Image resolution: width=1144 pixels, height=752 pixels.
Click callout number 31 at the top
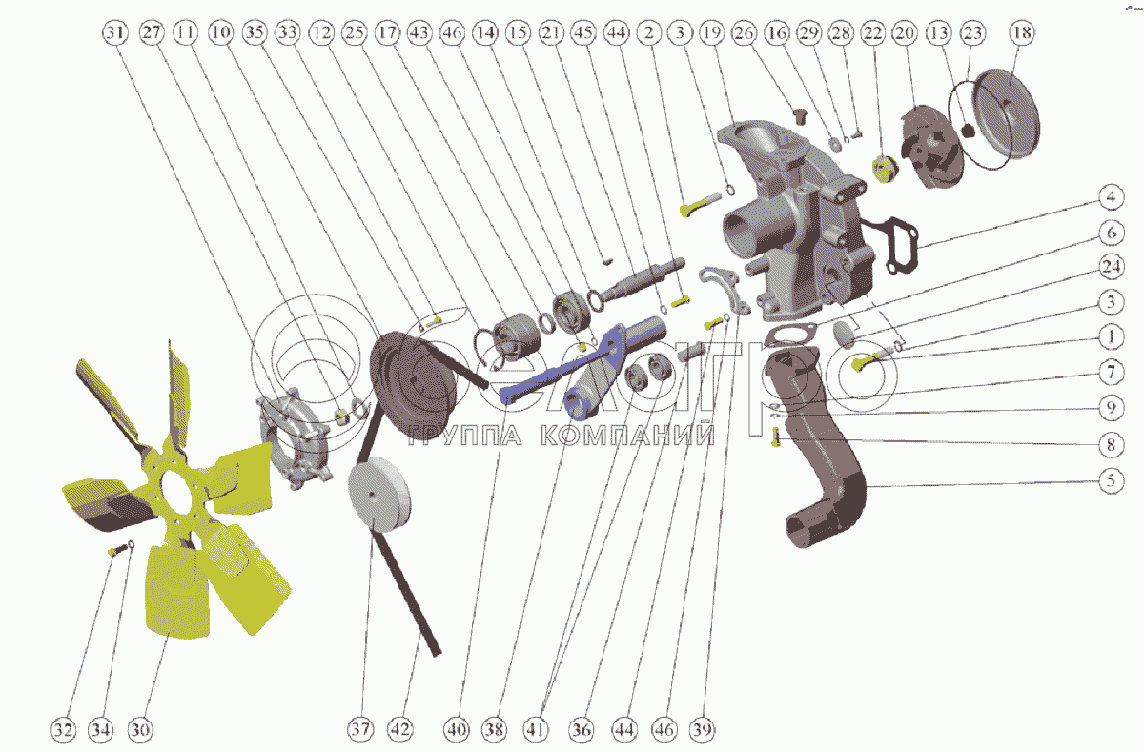click(x=114, y=32)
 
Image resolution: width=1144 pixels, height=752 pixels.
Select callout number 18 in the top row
click(x=1022, y=32)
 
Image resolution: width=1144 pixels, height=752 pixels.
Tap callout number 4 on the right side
click(x=1112, y=197)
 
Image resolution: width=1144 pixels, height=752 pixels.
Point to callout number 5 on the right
click(x=1112, y=481)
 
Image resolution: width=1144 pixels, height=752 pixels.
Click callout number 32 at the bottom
click(x=63, y=730)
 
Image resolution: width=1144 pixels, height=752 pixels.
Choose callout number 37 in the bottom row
click(x=360, y=730)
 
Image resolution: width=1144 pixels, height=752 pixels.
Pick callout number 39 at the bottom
click(x=703, y=730)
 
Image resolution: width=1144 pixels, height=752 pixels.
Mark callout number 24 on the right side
click(x=1112, y=267)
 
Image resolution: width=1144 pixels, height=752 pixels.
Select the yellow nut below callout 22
click(x=885, y=170)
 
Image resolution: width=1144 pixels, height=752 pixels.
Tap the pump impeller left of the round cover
click(x=930, y=147)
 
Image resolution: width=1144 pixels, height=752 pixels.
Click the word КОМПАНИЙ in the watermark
click(x=627, y=435)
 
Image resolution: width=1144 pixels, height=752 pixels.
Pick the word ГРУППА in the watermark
click(x=465, y=435)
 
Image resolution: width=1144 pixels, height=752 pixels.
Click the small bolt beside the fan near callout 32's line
click(x=117, y=550)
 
